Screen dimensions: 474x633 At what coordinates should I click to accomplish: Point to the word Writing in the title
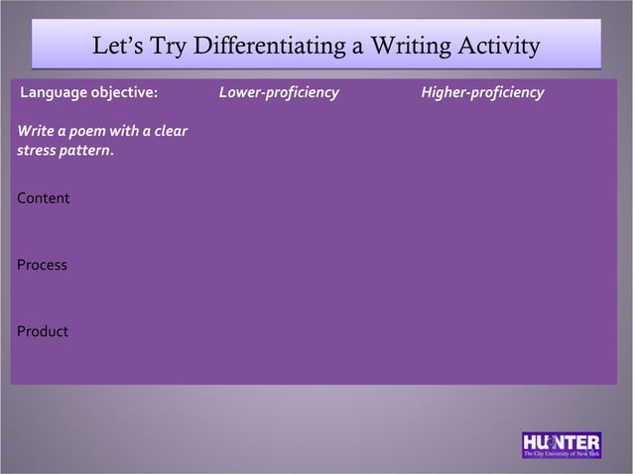point(410,48)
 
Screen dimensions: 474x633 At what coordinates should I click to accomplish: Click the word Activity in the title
point(498,48)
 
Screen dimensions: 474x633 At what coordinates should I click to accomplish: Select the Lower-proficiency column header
point(279,93)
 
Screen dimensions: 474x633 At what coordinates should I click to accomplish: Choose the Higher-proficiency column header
point(482,93)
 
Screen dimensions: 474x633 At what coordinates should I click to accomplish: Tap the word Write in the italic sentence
point(36,133)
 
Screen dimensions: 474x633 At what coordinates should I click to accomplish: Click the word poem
point(88,133)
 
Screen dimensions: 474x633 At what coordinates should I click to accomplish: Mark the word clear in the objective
point(171,133)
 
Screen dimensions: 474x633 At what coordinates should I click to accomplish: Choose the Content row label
point(44,198)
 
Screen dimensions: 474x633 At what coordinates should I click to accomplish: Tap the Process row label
point(43,265)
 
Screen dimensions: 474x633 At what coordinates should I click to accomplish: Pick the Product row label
point(43,331)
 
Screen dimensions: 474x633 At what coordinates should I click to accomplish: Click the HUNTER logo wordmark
point(561,440)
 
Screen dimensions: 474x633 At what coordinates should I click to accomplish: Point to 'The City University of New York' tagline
point(562,453)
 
